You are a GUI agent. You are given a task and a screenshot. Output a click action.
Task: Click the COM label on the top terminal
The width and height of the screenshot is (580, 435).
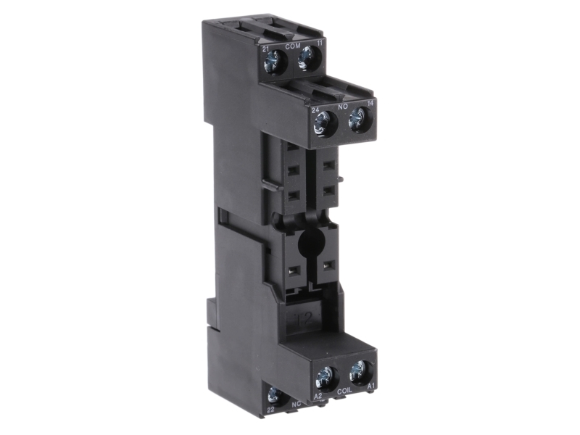tap(294, 46)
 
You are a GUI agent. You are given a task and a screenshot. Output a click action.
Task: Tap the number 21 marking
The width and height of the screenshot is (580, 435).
tap(267, 47)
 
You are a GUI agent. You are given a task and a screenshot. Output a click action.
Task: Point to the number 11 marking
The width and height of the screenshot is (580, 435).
tap(320, 43)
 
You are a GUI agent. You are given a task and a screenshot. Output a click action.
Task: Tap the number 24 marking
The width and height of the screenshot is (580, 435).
tap(316, 110)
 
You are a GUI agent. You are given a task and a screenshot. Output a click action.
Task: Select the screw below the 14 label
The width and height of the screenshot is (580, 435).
tap(356, 121)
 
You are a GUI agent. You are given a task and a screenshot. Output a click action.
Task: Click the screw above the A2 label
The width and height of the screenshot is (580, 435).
tap(324, 377)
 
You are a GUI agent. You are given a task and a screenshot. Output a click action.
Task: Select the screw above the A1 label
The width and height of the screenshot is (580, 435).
tap(357, 372)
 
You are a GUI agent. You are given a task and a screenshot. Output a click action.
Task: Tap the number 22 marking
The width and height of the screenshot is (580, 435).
tap(270, 410)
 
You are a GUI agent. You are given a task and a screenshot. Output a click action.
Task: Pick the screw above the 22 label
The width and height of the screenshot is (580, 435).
tap(274, 395)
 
